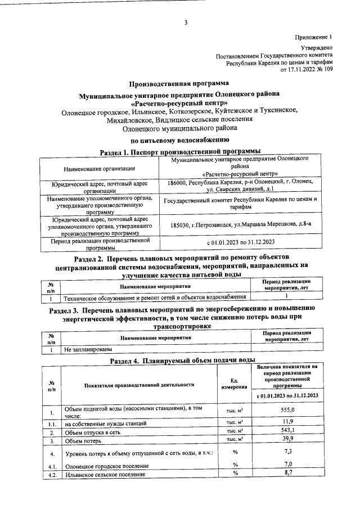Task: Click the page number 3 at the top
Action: [x=185, y=22]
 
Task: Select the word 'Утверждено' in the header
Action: [x=317, y=49]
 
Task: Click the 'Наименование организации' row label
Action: [x=99, y=168]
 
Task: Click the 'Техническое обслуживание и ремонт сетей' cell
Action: [x=155, y=296]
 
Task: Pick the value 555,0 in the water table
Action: [x=287, y=411]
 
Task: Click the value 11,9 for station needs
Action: [x=287, y=422]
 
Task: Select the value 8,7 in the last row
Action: [x=287, y=474]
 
